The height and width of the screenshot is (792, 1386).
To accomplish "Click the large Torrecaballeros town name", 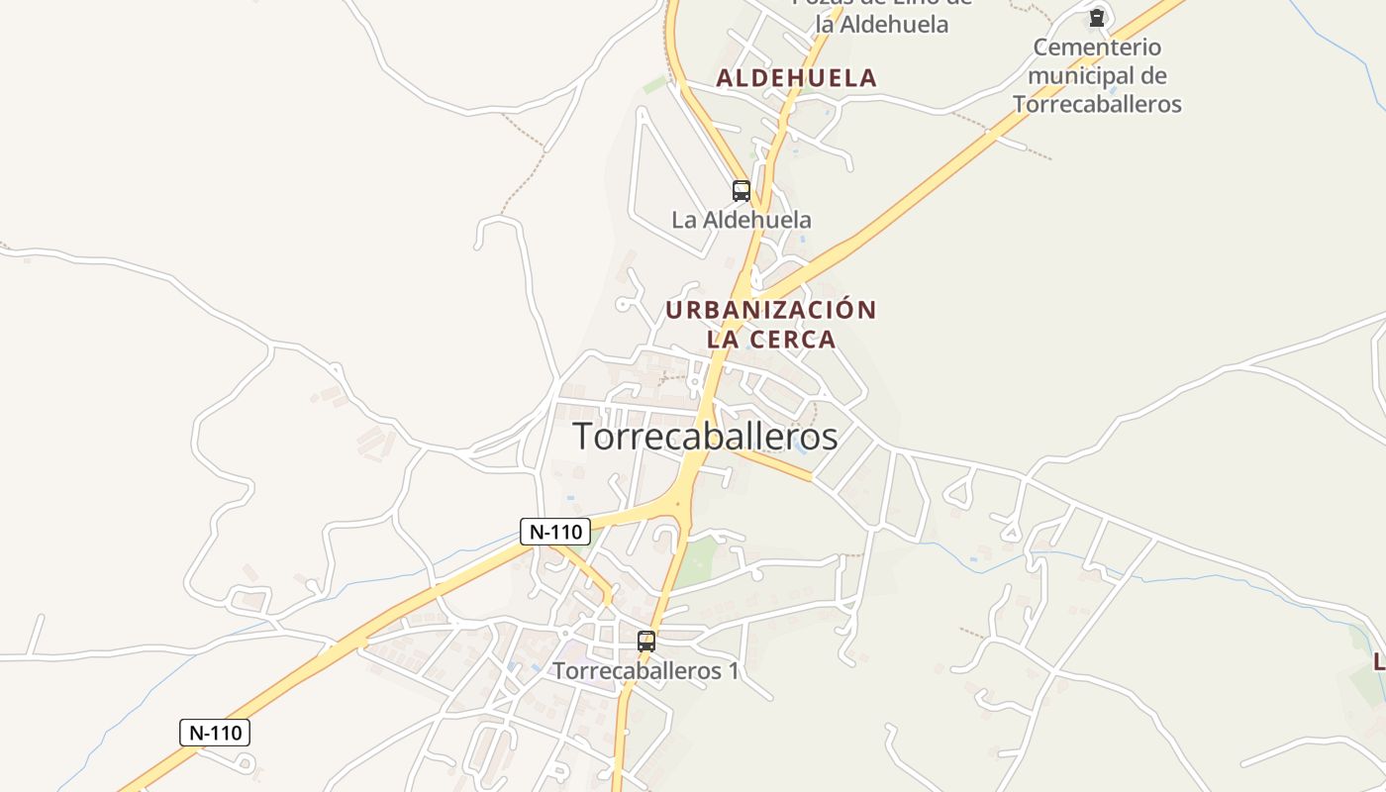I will pyautogui.click(x=705, y=437).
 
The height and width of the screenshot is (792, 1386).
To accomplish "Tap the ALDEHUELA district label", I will pyautogui.click(x=796, y=78).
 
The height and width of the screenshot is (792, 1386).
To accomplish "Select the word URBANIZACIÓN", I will pyautogui.click(x=770, y=310).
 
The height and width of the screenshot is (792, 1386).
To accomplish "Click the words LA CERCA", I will pyautogui.click(x=770, y=340).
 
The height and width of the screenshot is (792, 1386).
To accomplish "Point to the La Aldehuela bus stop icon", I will pyautogui.click(x=741, y=190).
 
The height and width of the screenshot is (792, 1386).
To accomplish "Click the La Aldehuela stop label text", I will pyautogui.click(x=741, y=220).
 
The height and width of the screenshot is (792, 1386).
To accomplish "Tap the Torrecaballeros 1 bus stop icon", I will pyautogui.click(x=645, y=641).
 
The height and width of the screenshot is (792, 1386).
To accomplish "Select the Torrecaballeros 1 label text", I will pyautogui.click(x=644, y=670).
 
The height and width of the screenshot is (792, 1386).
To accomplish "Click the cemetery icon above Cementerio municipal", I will pyautogui.click(x=1096, y=18).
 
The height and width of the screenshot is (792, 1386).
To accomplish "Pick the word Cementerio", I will pyautogui.click(x=1097, y=47).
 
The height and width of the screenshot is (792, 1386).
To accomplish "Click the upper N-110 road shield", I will pyautogui.click(x=555, y=532).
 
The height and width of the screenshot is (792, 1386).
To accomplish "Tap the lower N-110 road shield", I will pyautogui.click(x=215, y=733).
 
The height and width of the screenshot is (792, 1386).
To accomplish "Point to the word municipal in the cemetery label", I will pyautogui.click(x=1085, y=75).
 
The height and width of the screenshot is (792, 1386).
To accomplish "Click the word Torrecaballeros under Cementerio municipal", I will pyautogui.click(x=1097, y=104).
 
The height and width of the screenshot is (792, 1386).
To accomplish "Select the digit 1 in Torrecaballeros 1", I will pyautogui.click(x=733, y=670).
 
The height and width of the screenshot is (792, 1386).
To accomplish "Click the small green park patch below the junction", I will pyautogui.click(x=699, y=560).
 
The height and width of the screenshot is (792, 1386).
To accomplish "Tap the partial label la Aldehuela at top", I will pyautogui.click(x=881, y=24).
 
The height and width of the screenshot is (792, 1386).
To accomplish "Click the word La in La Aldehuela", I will pyautogui.click(x=684, y=220).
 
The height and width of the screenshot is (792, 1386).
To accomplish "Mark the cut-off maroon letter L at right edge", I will pyautogui.click(x=1379, y=660).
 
